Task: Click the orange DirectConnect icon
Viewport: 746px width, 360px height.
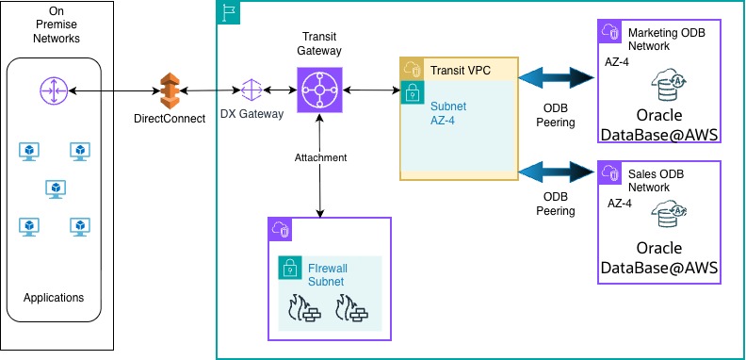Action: pyautogui.click(x=170, y=90)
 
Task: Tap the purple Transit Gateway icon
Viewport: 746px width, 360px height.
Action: pyautogui.click(x=319, y=90)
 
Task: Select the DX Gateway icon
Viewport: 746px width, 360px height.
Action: pyautogui.click(x=251, y=90)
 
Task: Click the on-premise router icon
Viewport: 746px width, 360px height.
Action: pyautogui.click(x=54, y=90)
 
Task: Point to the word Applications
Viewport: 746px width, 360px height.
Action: pyautogui.click(x=54, y=298)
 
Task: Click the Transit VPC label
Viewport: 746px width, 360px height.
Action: pyautogui.click(x=460, y=71)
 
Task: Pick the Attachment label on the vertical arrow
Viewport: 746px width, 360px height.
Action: pyautogui.click(x=320, y=157)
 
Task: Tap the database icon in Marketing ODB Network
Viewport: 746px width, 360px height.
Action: pyautogui.click(x=668, y=85)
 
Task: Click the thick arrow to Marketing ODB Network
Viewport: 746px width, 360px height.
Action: pyautogui.click(x=556, y=78)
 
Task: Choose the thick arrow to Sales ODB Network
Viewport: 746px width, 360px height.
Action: pyautogui.click(x=556, y=172)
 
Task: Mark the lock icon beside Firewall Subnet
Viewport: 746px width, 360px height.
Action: pyautogui.click(x=291, y=268)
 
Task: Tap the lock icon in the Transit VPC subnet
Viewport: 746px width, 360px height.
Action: pyautogui.click(x=413, y=92)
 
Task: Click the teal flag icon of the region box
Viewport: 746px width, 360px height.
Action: pyautogui.click(x=229, y=13)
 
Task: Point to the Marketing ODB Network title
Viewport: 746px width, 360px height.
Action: pyautogui.click(x=667, y=40)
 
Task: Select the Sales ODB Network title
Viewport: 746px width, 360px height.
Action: pyautogui.click(x=656, y=181)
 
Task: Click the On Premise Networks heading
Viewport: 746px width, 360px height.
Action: pyautogui.click(x=57, y=25)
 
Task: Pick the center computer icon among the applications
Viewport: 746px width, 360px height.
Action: pyautogui.click(x=56, y=189)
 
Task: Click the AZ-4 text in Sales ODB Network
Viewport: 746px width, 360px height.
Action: pyautogui.click(x=620, y=204)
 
